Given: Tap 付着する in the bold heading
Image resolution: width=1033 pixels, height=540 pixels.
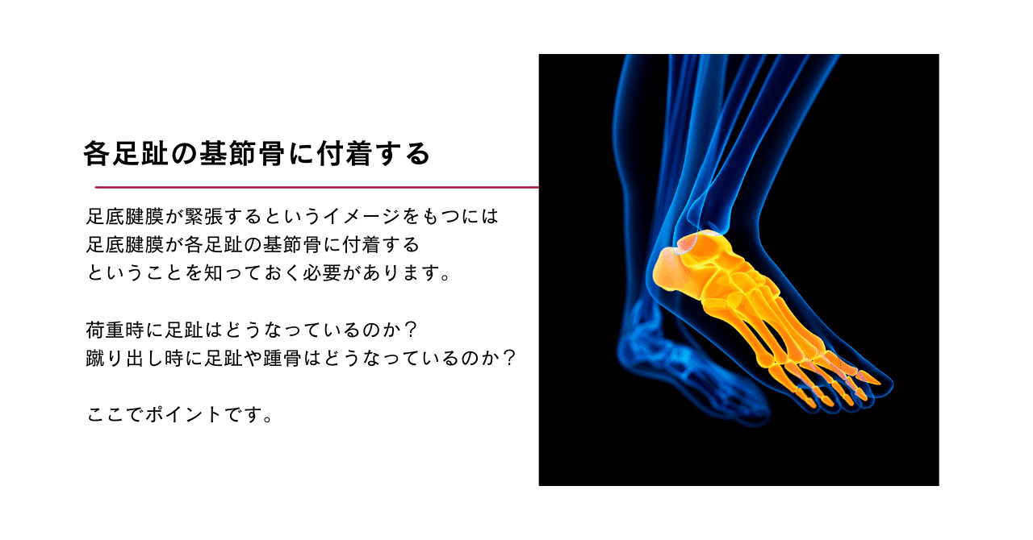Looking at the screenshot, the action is click(374, 153).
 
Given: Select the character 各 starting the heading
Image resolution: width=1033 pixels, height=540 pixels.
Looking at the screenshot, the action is click(96, 153).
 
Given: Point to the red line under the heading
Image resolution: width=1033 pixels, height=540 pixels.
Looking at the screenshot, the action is click(317, 188).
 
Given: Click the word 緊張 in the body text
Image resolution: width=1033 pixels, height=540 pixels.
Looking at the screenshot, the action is click(203, 217).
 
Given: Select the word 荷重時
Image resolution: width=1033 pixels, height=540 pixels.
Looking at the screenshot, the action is click(115, 330).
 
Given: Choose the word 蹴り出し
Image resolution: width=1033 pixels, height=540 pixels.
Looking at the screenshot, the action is click(124, 358).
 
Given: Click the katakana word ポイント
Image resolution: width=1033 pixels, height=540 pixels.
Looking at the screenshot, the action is click(183, 415).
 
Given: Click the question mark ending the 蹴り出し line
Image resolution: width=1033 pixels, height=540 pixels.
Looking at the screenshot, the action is click(508, 358).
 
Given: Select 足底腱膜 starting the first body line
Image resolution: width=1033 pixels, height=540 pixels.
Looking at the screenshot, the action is click(125, 217).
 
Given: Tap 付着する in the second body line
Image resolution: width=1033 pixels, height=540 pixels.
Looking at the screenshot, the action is click(381, 245).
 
